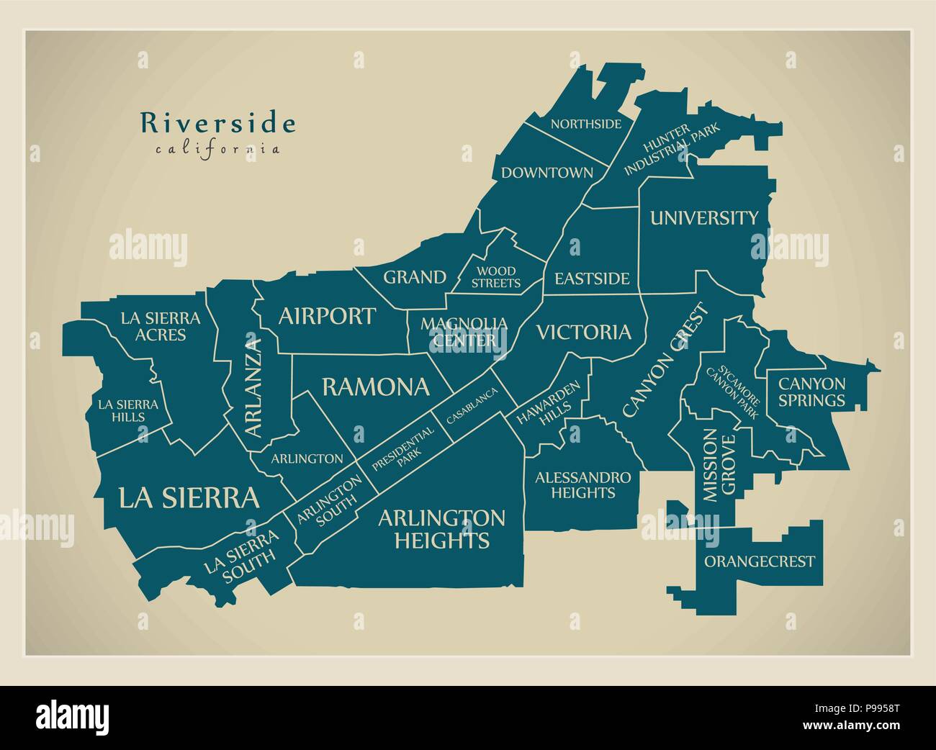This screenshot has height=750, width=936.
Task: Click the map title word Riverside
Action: point(217,123)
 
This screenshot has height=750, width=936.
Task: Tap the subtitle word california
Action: point(217,150)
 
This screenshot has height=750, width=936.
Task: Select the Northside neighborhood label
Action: point(585,124)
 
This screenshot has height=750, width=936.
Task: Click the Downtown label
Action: point(547,173)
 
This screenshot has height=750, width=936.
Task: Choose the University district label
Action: point(703,218)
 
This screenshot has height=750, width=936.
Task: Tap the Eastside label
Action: point(591,279)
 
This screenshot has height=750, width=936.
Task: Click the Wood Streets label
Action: point(495,277)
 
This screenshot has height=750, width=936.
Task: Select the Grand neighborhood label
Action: point(414,277)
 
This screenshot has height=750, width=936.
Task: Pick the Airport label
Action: point(326,315)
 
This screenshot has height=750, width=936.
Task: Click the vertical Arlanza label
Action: point(252,387)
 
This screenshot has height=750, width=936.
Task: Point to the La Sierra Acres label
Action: point(160,326)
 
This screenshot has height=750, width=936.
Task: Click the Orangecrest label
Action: point(759,561)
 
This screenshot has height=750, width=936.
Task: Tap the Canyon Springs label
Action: point(811,392)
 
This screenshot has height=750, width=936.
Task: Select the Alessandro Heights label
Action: point(582,485)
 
